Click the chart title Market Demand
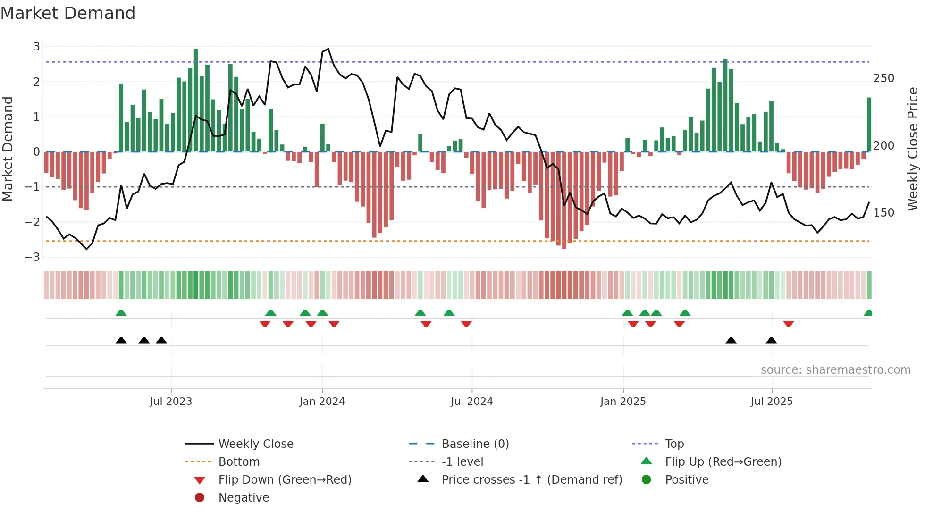click(x=68, y=13)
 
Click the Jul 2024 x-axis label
click(x=471, y=402)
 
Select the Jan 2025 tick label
click(x=622, y=402)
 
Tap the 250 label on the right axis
click(x=883, y=78)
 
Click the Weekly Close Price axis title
click(x=913, y=149)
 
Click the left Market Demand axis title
click(x=8, y=149)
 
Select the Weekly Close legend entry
click(x=255, y=444)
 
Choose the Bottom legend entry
click(x=239, y=462)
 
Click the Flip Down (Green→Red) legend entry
click(x=285, y=480)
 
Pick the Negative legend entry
click(x=244, y=498)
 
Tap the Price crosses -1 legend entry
click(x=531, y=480)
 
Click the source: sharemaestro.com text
click(x=835, y=370)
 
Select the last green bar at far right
click(x=869, y=125)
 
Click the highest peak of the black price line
click(x=328, y=49)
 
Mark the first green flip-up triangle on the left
click(x=121, y=313)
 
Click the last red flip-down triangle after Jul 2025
click(x=788, y=324)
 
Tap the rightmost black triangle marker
click(x=771, y=340)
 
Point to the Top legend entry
click(x=674, y=444)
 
